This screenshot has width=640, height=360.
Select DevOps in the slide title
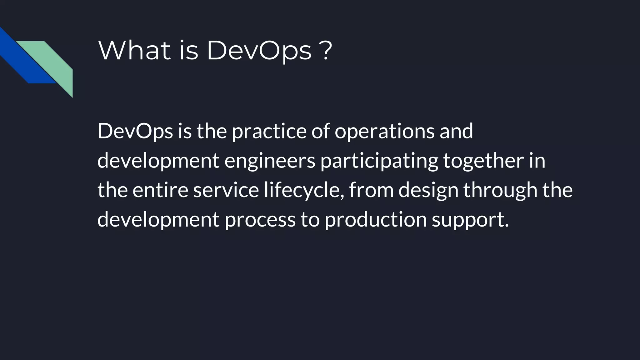coord(259,51)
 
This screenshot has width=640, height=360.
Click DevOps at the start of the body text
coord(135,131)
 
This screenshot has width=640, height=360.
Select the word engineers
coord(270,161)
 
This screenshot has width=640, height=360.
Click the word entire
coord(160,190)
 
